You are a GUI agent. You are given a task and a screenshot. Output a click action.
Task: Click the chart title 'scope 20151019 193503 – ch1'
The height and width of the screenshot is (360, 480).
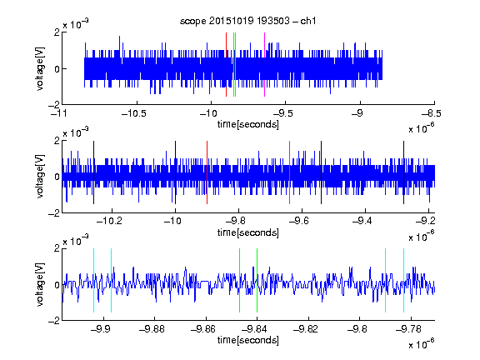coord(247,21)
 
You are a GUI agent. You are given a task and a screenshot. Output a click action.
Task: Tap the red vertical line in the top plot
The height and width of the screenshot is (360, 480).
coord(226,65)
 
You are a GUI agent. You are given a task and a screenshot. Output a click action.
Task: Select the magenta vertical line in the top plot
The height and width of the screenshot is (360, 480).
coord(264,65)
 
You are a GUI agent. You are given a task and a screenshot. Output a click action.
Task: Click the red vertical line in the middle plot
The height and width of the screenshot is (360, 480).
coord(207,172)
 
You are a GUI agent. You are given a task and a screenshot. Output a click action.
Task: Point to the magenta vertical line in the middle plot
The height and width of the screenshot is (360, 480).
coord(290,172)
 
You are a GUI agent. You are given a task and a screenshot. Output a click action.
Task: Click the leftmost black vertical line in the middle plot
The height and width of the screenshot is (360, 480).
coord(93,172)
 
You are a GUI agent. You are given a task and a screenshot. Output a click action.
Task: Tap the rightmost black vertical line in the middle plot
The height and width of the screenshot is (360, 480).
coord(404,172)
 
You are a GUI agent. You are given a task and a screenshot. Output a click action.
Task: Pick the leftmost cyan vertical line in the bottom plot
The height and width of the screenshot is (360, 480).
coord(93,280)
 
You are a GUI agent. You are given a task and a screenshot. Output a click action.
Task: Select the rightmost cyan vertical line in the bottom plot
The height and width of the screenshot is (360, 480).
coord(404,280)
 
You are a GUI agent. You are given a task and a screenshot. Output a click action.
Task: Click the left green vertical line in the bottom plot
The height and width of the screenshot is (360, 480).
coord(239,280)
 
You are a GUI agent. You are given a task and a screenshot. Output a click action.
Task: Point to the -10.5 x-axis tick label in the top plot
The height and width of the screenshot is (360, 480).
coord(134,113)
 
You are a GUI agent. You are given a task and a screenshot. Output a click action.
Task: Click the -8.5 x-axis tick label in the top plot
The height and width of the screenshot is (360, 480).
coord(432,113)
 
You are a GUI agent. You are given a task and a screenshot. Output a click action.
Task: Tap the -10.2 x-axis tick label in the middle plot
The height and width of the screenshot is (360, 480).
coord(109,221)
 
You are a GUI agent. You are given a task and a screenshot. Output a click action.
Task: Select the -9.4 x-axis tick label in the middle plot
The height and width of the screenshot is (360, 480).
coord(362,221)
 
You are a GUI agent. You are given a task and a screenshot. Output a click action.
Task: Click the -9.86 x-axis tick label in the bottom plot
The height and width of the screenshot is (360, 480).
coord(203,329)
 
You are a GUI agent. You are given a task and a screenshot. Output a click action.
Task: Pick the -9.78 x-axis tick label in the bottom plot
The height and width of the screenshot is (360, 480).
coord(408,329)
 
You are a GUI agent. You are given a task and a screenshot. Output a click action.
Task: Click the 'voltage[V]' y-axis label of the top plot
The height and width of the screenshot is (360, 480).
coord(40,68)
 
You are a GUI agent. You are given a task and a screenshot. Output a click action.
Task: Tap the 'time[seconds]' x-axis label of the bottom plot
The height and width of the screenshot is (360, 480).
coord(248,340)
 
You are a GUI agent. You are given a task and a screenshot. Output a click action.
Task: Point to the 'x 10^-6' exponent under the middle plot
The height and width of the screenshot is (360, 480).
coord(422,236)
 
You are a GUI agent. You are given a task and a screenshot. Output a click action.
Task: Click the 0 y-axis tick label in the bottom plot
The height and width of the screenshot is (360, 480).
coord(57,285)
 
